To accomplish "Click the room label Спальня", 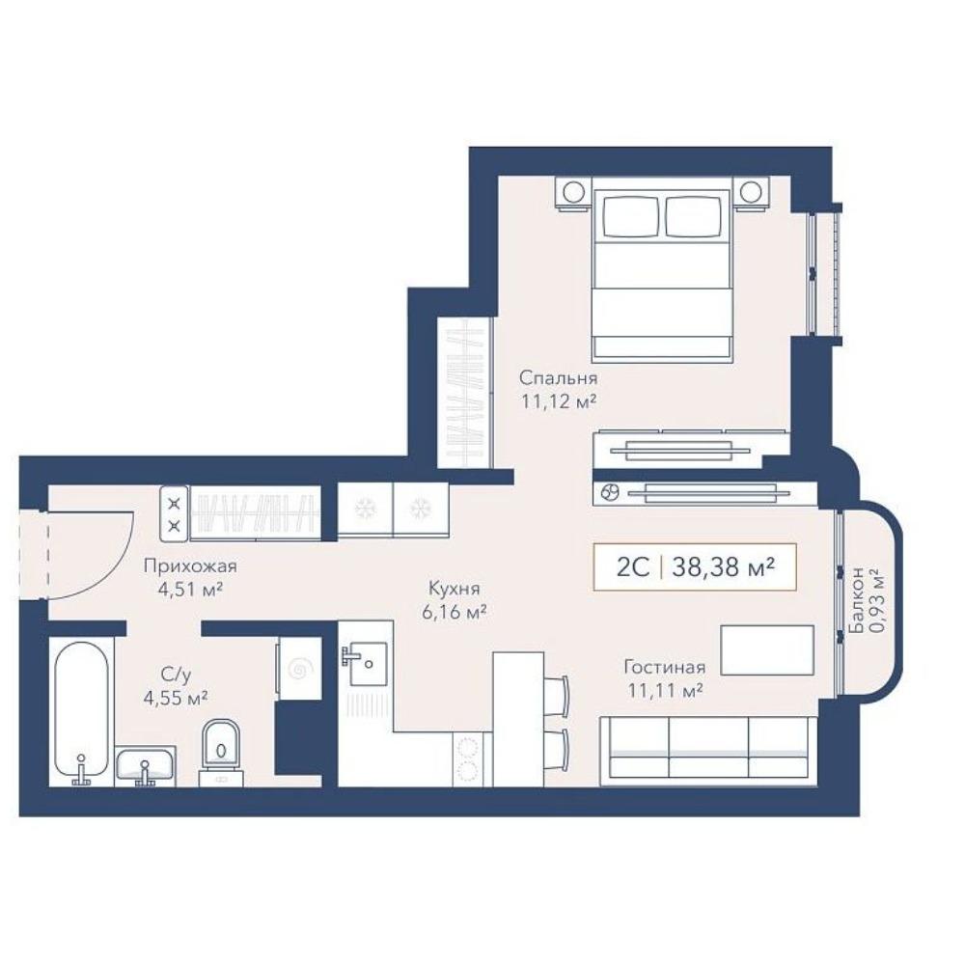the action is coord(558,377).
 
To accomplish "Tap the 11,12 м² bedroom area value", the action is coord(559,401).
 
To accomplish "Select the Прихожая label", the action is coord(190,565).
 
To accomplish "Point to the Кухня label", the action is coord(455,589).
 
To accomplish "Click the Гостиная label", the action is coord(665,667).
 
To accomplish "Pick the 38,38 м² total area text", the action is coord(723,566).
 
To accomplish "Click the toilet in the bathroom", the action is coord(222,752).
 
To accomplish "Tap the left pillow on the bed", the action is coord(631,216).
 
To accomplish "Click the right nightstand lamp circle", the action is coord(751,192).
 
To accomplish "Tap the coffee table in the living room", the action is coord(767,649).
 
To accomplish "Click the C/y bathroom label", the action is coord(176,675).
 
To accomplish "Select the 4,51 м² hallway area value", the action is coord(190,590).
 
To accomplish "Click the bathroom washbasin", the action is coord(146,765).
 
